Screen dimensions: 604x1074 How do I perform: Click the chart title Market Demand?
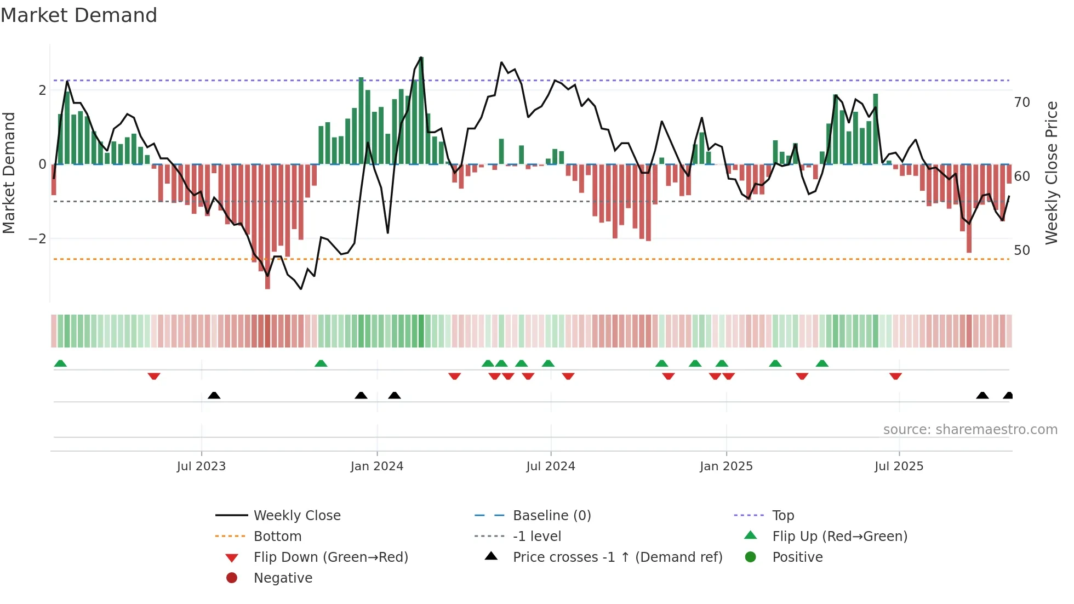(x=79, y=15)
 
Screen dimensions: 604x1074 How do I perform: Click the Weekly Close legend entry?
(x=296, y=515)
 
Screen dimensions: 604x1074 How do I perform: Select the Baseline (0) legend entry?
(x=551, y=515)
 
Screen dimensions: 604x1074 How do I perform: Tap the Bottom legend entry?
(x=277, y=536)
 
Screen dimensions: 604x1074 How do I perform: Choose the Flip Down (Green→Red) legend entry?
(x=330, y=557)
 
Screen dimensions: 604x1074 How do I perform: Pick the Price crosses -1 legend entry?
(x=617, y=557)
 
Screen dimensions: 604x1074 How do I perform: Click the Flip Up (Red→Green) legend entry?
(x=839, y=536)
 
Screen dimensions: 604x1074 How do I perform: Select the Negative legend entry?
(x=283, y=578)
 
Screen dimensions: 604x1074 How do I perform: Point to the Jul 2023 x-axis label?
(x=201, y=466)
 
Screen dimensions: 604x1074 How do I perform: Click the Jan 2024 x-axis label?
(x=377, y=466)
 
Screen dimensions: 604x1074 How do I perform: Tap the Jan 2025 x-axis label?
(x=726, y=466)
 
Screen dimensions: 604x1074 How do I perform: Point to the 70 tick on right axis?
(x=1022, y=102)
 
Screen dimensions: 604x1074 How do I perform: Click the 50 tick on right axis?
(x=1022, y=250)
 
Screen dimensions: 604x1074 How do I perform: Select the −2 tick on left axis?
(x=37, y=238)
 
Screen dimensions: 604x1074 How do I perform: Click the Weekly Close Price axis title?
(x=1051, y=173)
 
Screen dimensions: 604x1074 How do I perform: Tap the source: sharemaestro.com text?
(x=970, y=429)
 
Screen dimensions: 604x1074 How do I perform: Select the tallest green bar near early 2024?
(x=421, y=110)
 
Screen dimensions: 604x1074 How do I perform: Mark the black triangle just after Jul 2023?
(x=214, y=395)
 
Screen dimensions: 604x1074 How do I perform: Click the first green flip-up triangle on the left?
(x=60, y=363)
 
